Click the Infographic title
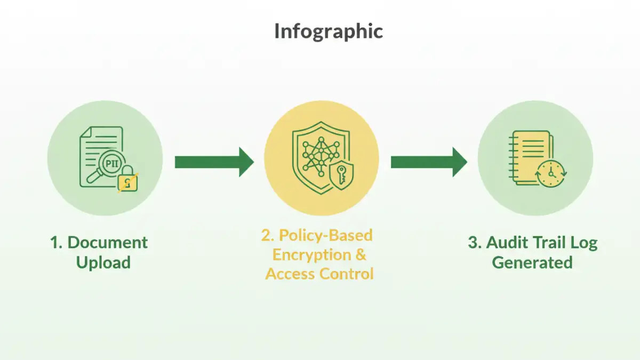click(328, 31)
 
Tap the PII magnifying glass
click(110, 165)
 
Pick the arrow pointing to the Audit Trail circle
click(429, 162)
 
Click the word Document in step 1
click(108, 243)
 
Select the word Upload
click(103, 262)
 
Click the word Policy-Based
click(326, 235)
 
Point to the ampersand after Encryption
click(361, 254)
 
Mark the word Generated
click(532, 262)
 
